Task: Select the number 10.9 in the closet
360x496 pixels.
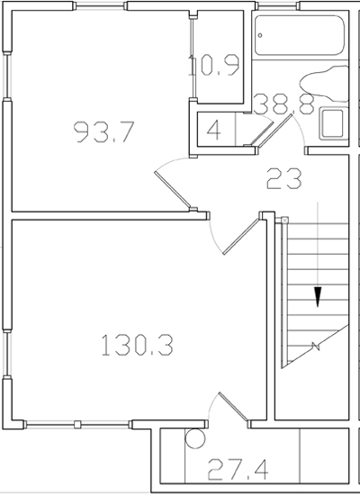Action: (x=214, y=65)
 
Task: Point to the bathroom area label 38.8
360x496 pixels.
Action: (x=283, y=105)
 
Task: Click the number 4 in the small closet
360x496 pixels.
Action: (x=213, y=129)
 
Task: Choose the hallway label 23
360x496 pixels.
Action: (x=283, y=178)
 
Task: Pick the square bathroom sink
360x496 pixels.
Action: (x=333, y=123)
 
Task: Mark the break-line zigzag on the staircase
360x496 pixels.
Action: (x=315, y=347)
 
